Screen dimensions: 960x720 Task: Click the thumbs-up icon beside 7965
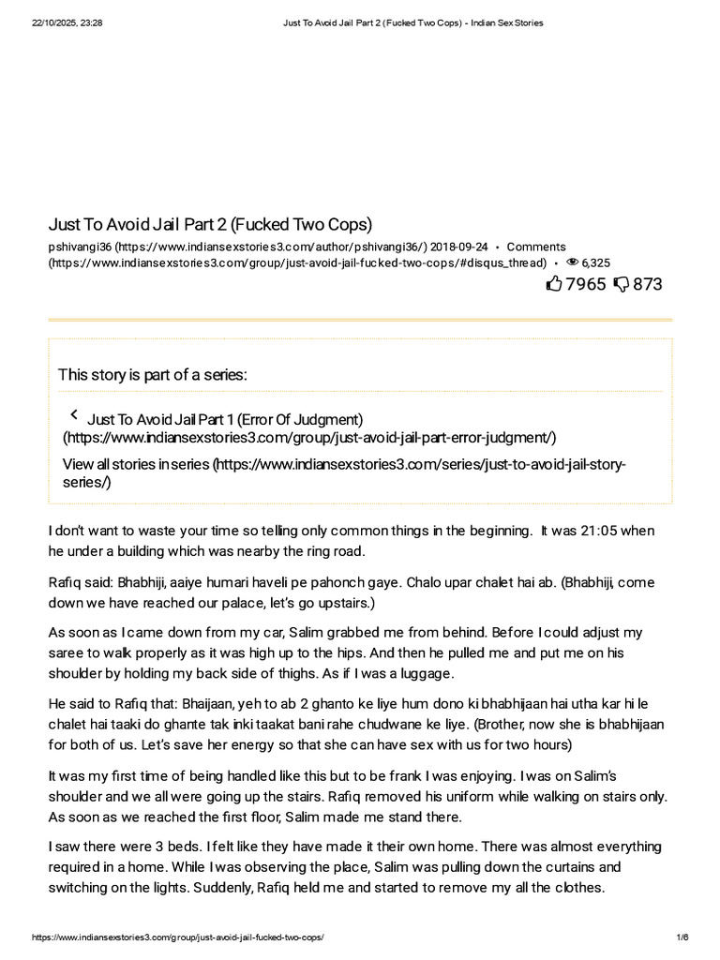(x=554, y=283)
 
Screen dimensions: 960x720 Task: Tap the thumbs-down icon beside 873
(x=621, y=283)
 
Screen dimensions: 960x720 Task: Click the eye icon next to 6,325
(x=572, y=263)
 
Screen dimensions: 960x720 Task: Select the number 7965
(x=586, y=283)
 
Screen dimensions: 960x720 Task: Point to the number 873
(x=648, y=283)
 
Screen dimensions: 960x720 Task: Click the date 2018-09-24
(x=459, y=247)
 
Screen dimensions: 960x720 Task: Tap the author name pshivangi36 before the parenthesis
(x=80, y=247)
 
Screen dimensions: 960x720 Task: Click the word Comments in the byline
(x=536, y=247)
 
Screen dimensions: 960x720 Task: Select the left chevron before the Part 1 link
(x=74, y=415)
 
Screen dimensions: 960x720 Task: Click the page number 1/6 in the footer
(x=682, y=937)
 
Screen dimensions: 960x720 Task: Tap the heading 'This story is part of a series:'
(x=153, y=375)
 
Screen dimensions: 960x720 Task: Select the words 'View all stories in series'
(x=137, y=465)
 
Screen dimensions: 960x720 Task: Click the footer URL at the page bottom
(x=178, y=937)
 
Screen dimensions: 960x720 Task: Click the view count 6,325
(x=596, y=263)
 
